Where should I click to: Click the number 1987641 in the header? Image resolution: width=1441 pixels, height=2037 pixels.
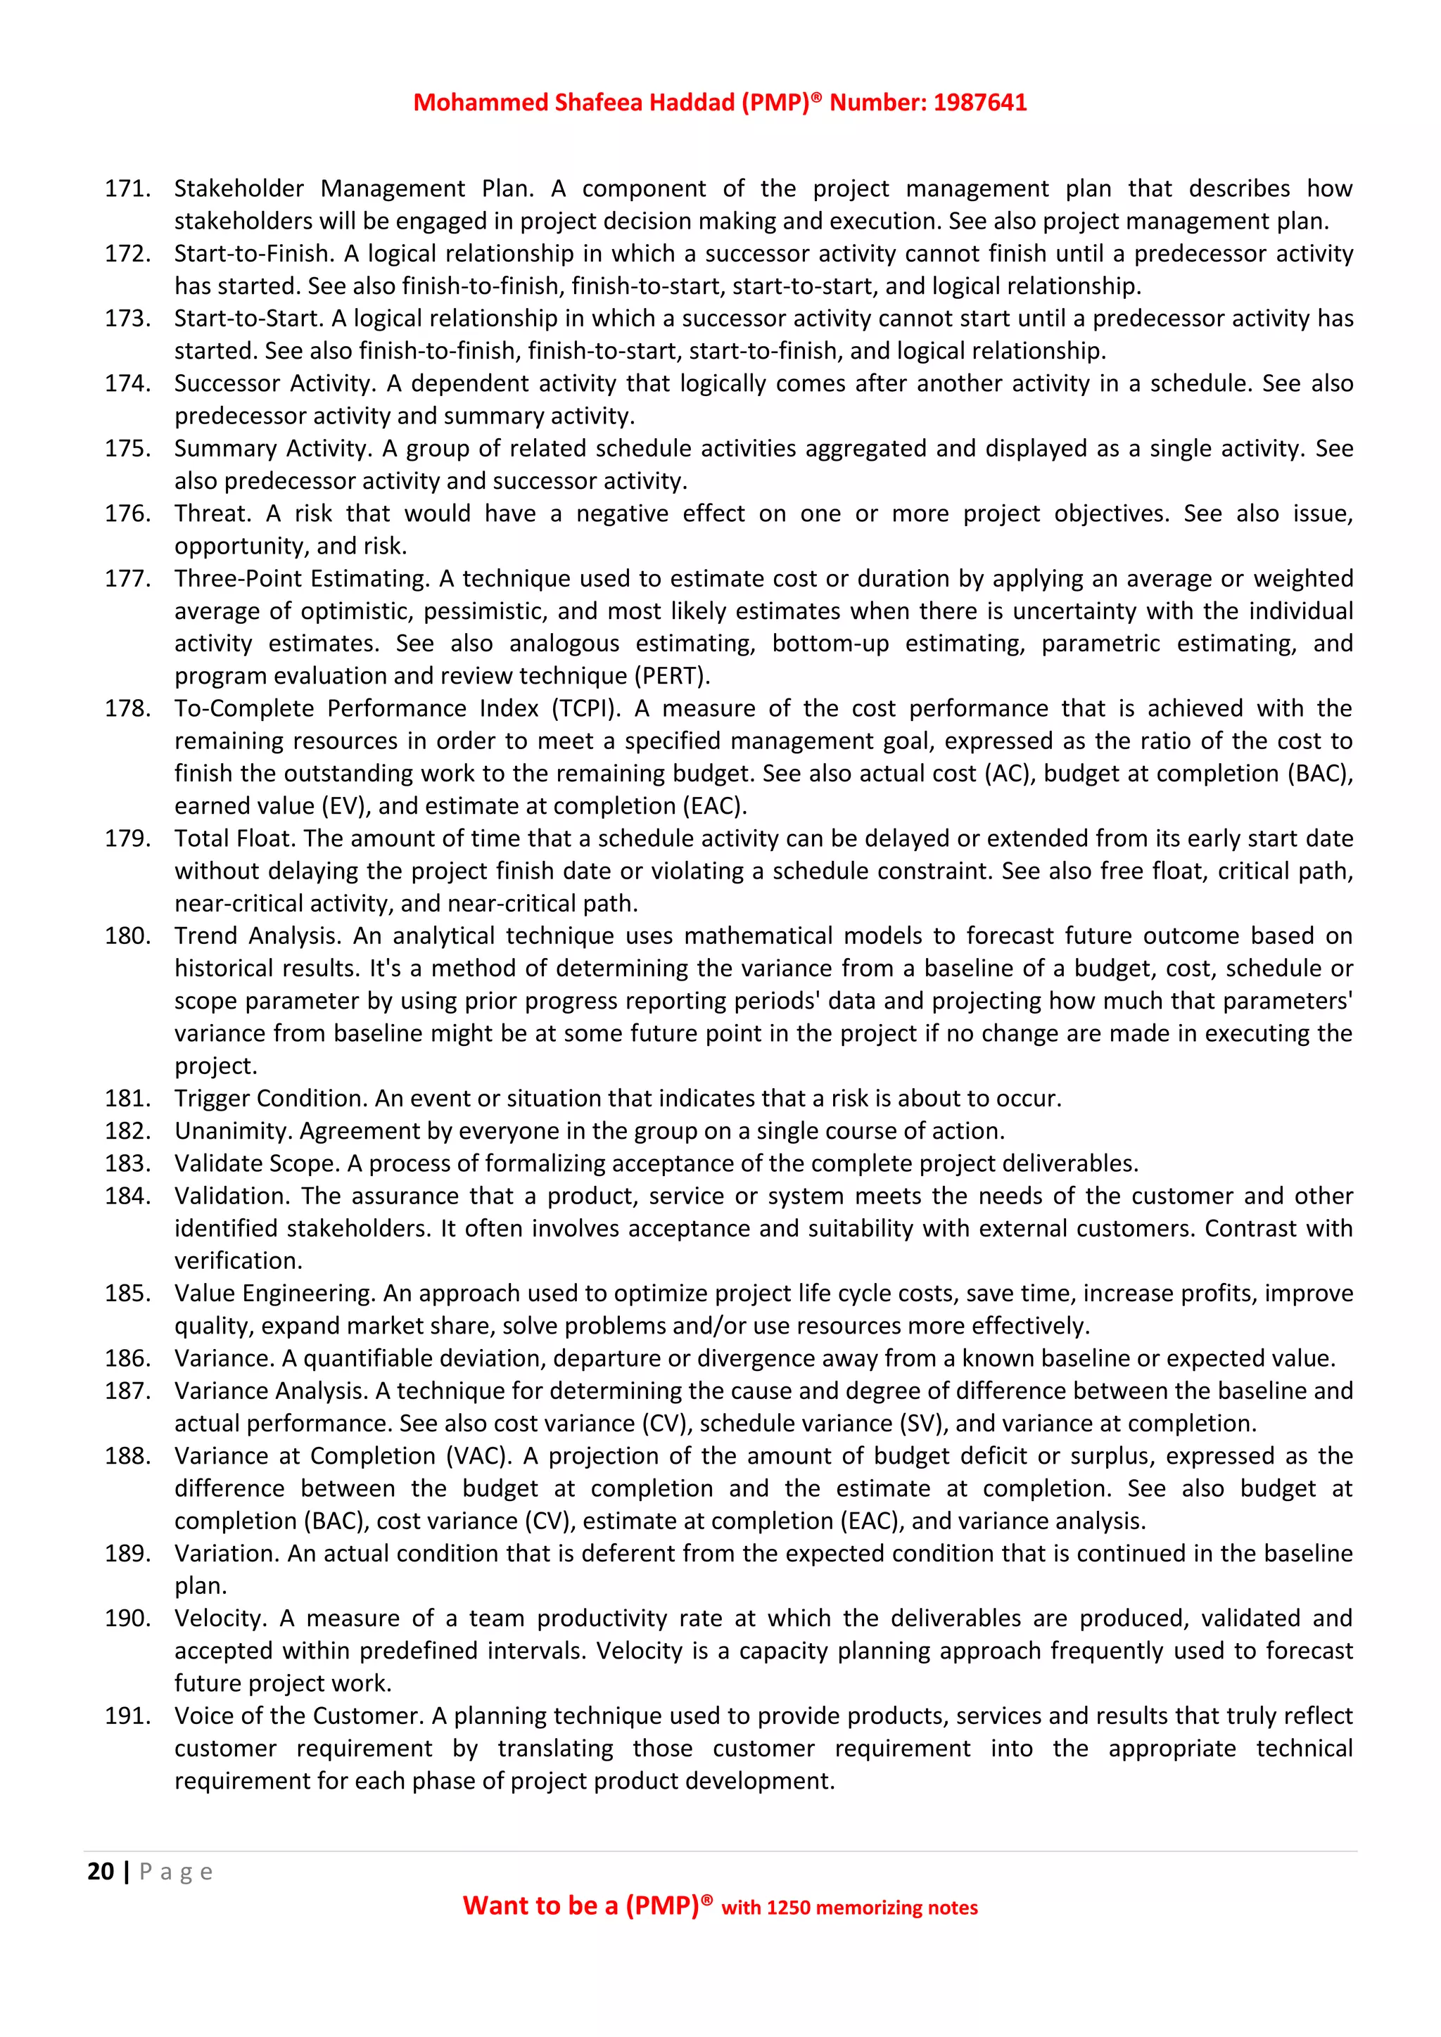(979, 103)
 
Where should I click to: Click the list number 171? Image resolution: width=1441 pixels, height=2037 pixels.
(127, 189)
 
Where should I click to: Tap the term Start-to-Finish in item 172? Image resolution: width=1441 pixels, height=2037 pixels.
(253, 254)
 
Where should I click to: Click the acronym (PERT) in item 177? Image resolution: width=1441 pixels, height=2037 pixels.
(672, 676)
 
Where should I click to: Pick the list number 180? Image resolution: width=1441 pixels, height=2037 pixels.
(127, 936)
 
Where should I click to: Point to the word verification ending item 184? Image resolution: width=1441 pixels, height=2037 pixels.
(237, 1260)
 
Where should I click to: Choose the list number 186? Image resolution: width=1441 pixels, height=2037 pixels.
(127, 1358)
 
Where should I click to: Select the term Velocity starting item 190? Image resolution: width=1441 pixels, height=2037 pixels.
(219, 1618)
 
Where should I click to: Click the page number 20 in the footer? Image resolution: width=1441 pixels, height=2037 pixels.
(101, 1872)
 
